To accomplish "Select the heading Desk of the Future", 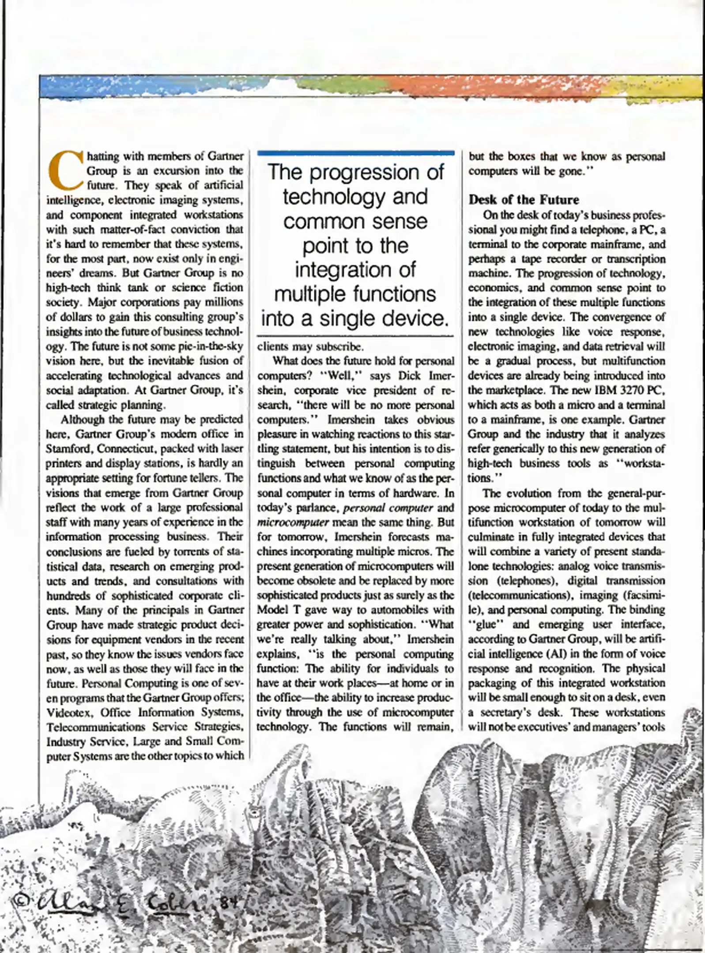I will [523, 200].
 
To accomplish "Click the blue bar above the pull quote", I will [355, 153].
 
